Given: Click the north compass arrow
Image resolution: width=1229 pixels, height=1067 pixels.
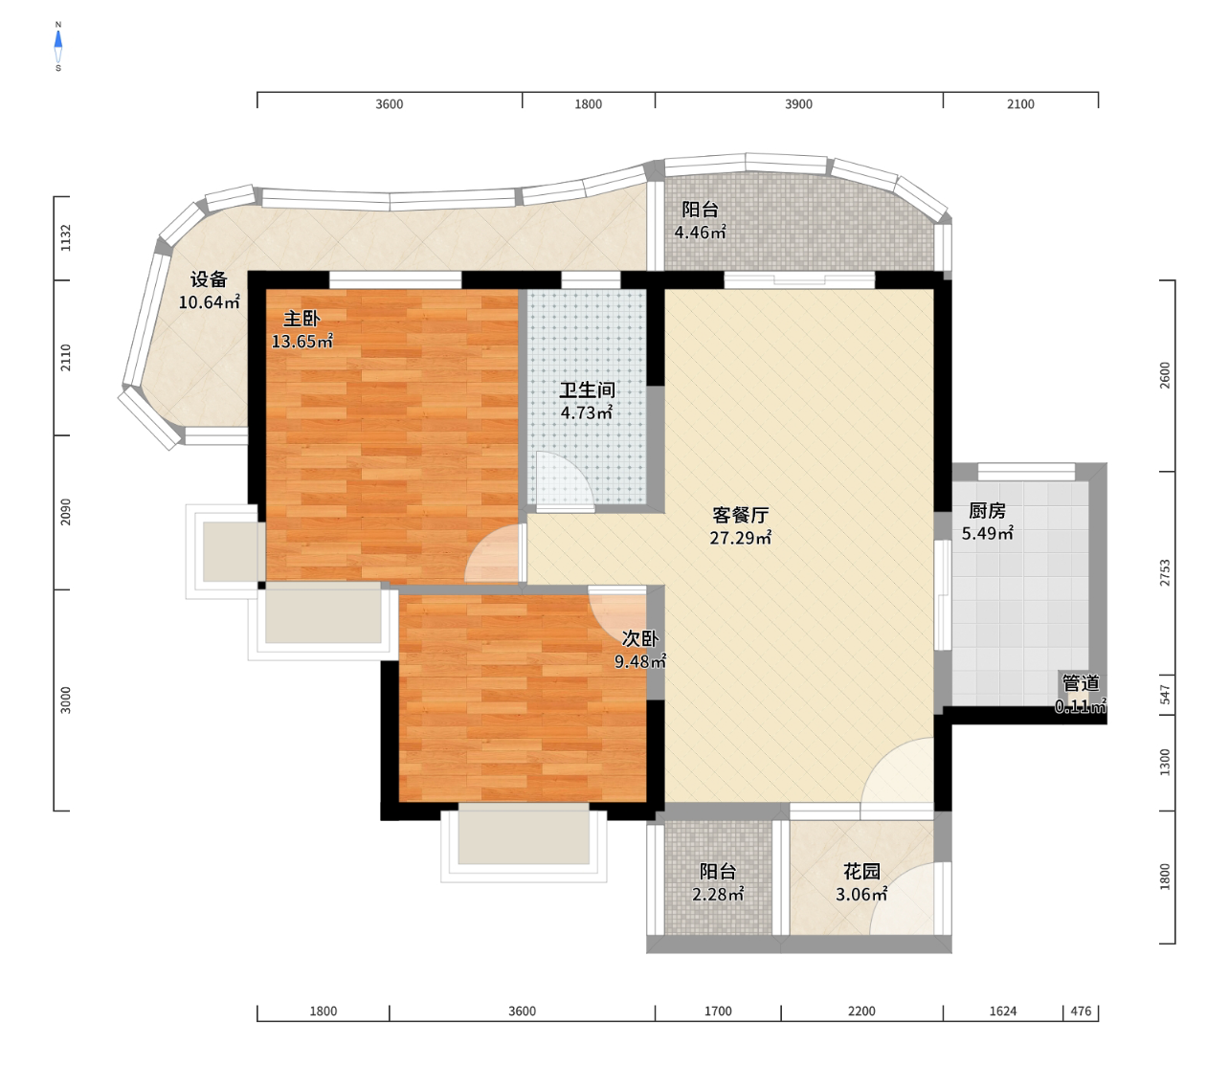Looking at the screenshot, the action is tap(58, 39).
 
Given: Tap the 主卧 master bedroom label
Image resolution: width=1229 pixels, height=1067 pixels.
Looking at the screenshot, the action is tap(302, 319).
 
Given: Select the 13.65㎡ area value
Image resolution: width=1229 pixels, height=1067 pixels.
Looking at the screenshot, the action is tap(302, 342).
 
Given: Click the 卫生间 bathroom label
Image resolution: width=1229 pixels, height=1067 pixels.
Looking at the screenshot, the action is tap(587, 390).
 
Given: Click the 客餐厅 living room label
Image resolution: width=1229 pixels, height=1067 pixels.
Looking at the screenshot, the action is tap(740, 515).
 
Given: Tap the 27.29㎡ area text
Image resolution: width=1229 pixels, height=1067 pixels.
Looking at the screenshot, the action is tap(741, 538).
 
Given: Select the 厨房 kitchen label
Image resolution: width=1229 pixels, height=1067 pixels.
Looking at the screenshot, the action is tap(987, 510).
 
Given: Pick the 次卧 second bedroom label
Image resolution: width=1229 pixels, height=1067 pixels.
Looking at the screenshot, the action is tap(639, 639).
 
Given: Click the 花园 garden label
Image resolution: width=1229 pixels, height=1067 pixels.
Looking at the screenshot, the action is tap(862, 871).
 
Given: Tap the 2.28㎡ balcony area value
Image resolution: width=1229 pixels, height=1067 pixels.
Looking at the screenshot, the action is tap(719, 895).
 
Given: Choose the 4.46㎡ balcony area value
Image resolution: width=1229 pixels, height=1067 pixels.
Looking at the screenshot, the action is tap(701, 233).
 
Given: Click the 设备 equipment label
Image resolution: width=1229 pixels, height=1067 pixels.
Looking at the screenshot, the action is tap(209, 279).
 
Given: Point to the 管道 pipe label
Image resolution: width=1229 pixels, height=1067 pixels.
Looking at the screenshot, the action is tap(1081, 683).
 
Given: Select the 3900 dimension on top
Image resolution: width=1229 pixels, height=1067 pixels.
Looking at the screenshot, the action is tap(798, 104).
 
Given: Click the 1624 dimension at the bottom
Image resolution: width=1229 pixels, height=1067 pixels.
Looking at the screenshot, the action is tap(1002, 1011).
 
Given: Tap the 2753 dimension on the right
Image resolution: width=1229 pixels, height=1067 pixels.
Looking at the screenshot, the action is tap(1165, 573).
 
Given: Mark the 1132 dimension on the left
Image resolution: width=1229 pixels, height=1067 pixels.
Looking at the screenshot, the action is tap(65, 237).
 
